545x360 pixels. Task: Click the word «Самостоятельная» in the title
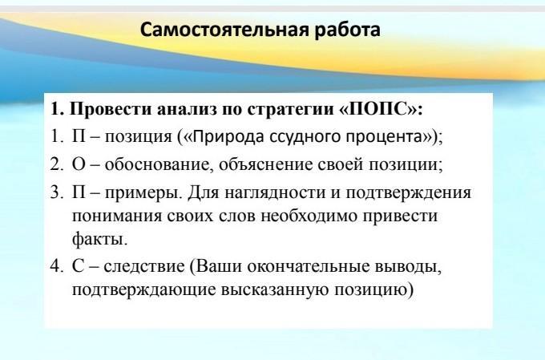coord(224,30)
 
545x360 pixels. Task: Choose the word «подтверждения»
coord(408,193)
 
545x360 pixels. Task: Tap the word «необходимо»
coord(309,216)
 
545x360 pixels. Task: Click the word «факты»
coord(99,239)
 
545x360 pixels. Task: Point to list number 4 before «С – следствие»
coord(57,266)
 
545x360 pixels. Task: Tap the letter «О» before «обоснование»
coord(79,164)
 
